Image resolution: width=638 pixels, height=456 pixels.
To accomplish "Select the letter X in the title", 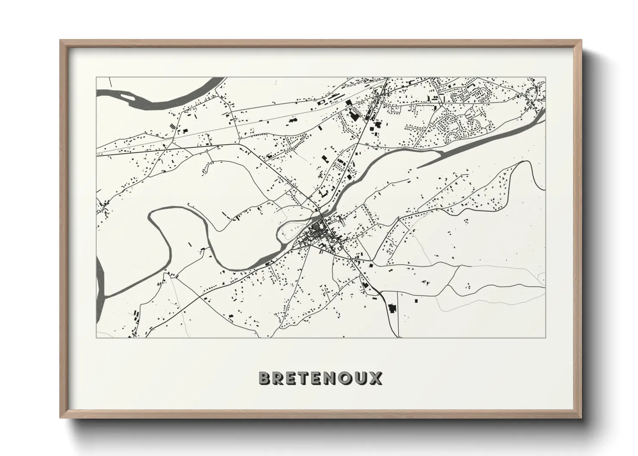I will pos(376,378).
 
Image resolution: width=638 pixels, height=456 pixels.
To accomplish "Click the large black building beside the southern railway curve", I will pos(392,309).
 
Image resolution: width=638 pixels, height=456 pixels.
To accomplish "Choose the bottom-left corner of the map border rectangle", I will pos(96,337).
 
